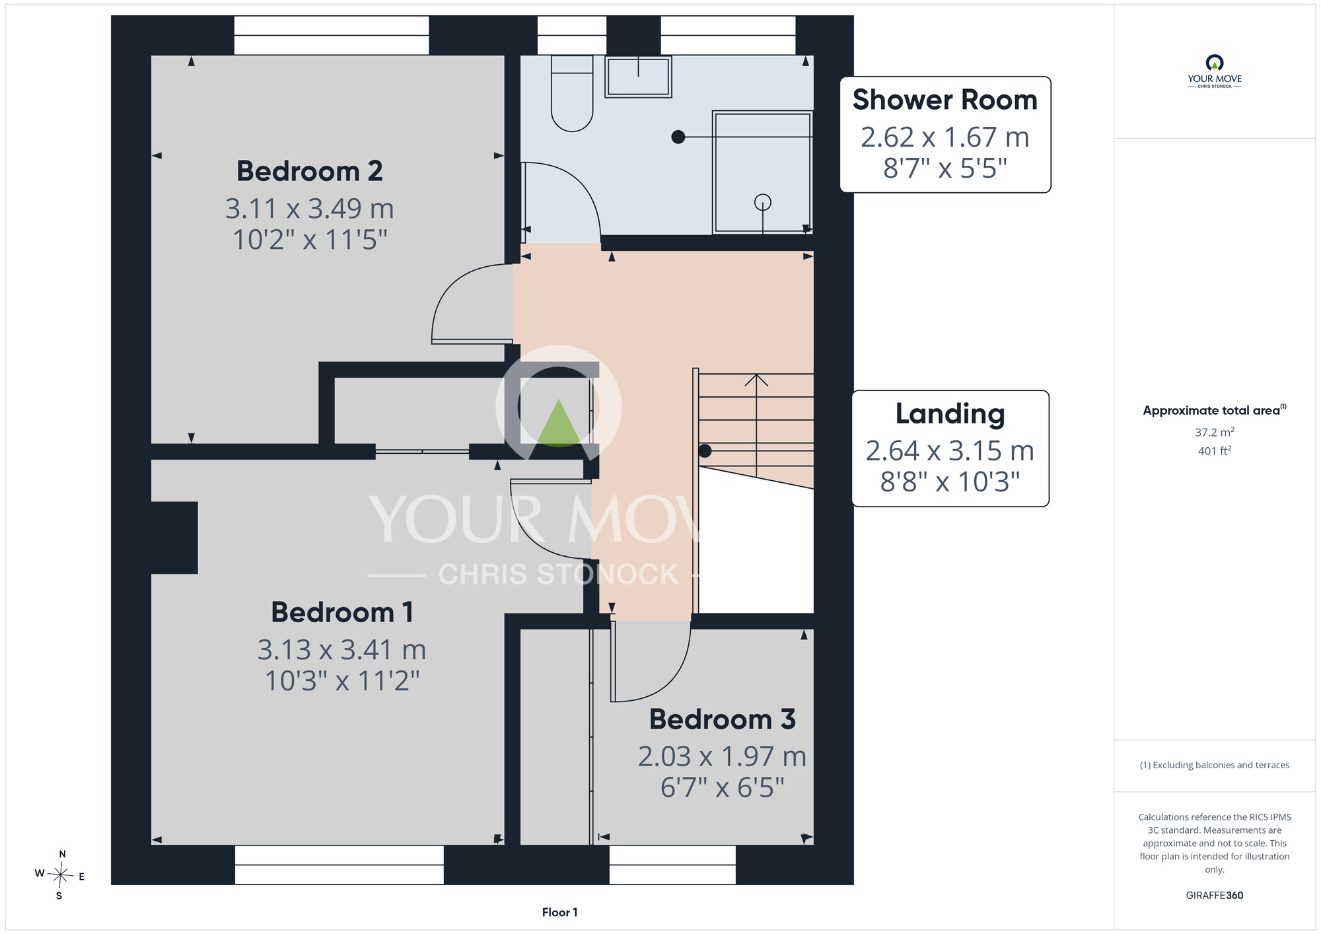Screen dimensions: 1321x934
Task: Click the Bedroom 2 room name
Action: pos(310,171)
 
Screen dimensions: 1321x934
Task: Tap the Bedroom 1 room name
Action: pos(342,612)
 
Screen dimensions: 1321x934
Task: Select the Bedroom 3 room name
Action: pos(722,719)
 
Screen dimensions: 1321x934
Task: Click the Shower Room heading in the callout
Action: pos(945,100)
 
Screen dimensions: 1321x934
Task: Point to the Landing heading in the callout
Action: pos(950,414)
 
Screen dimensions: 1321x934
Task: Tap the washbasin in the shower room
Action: pos(638,77)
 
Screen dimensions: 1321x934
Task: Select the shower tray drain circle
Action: pos(763,202)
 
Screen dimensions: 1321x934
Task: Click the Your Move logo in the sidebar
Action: pos(1214,71)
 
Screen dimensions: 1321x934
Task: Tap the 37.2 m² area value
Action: pos(1214,432)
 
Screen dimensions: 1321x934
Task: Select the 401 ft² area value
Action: pos(1214,451)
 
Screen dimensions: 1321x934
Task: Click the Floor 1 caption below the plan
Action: pos(559,912)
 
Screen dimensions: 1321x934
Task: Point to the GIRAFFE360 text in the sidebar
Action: pos(1214,896)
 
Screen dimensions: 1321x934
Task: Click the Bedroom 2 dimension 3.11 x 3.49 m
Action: pos(310,209)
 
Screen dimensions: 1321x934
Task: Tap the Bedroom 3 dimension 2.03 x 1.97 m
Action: pos(722,757)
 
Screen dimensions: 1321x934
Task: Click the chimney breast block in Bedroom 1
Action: pos(174,538)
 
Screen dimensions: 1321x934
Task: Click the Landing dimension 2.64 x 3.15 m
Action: pos(950,451)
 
